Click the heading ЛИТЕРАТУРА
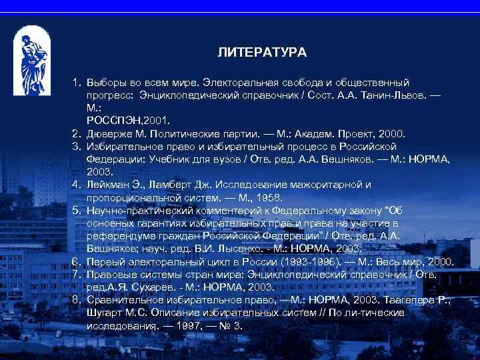[262, 52]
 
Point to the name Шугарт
[107, 313]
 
